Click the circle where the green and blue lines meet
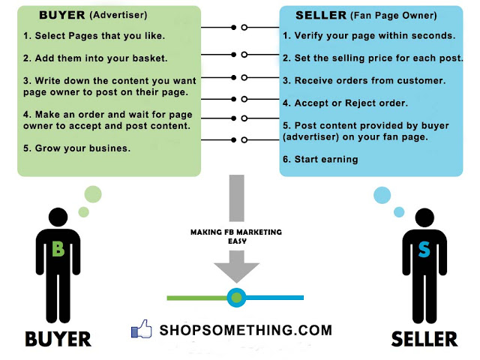(237, 298)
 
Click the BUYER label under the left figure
(58, 339)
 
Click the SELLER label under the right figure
(424, 339)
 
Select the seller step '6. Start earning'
(320, 158)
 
